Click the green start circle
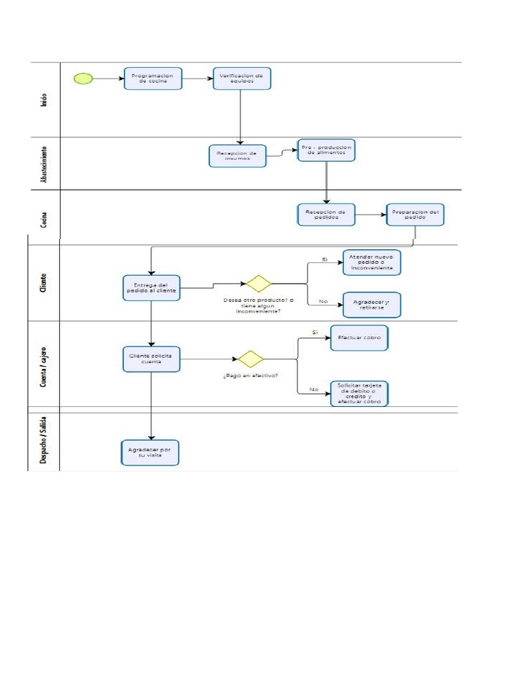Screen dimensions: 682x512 point(83,78)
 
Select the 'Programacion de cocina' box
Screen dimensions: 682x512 point(153,79)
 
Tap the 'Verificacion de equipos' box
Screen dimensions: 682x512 point(241,79)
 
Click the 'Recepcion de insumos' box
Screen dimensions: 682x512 point(237,157)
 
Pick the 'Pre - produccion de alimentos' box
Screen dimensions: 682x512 point(326,150)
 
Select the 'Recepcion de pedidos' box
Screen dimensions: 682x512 point(326,214)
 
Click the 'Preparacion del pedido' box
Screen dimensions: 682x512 point(415,214)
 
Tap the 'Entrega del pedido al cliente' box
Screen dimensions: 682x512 point(152,288)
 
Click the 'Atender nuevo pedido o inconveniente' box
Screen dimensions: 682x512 point(371,262)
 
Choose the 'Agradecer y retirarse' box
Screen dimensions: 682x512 point(371,304)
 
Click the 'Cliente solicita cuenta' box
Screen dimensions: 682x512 point(152,359)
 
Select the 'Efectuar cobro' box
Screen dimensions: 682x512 point(359,338)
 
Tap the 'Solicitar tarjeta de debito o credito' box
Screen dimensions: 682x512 point(359,394)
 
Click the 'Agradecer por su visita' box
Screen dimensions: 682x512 point(150,453)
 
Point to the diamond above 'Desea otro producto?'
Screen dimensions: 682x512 point(258,284)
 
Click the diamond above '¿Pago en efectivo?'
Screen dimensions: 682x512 point(251,359)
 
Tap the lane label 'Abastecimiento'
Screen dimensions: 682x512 point(43,163)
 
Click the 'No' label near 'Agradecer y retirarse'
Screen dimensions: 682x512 point(323,301)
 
